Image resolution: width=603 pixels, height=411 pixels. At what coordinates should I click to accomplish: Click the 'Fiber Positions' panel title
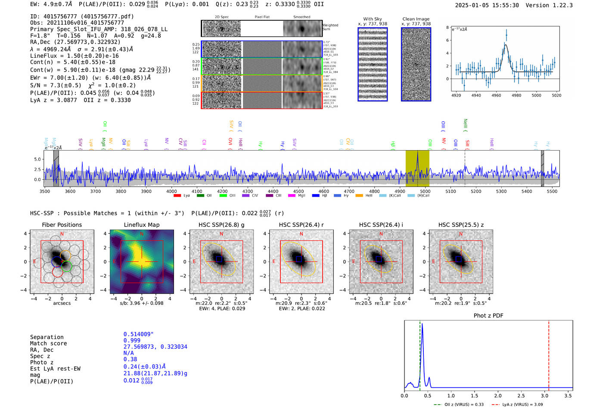(62, 225)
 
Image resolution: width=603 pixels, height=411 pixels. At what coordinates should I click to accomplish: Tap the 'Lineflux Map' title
(141, 225)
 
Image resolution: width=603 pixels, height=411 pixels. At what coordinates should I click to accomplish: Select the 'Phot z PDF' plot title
(488, 316)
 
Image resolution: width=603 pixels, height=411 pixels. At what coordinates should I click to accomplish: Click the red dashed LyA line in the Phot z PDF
(549, 354)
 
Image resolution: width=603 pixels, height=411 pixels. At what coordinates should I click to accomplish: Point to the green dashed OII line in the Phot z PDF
(420, 354)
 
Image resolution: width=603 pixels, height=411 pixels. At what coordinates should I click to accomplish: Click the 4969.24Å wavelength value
(57, 49)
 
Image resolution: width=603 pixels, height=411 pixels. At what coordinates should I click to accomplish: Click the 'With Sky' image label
(373, 19)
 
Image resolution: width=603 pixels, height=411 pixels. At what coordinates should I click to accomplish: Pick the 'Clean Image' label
(416, 19)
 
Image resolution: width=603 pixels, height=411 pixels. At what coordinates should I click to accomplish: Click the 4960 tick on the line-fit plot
(496, 95)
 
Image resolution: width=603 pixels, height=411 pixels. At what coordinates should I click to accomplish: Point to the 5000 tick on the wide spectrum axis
(425, 191)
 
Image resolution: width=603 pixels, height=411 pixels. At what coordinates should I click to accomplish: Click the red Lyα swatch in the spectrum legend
(177, 196)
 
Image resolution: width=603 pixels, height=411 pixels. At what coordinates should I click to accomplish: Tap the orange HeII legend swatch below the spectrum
(359, 196)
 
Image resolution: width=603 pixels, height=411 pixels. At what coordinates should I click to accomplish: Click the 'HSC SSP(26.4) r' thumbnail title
(301, 225)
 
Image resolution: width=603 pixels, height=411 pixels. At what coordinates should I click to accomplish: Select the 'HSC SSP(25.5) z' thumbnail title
(461, 225)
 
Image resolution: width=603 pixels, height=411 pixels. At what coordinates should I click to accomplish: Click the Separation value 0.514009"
(138, 334)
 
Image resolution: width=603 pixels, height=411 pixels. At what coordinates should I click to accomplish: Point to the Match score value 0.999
(132, 341)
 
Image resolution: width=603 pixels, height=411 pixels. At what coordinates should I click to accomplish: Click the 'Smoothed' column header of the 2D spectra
(301, 17)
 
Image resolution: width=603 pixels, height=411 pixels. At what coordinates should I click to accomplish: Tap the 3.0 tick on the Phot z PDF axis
(544, 395)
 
